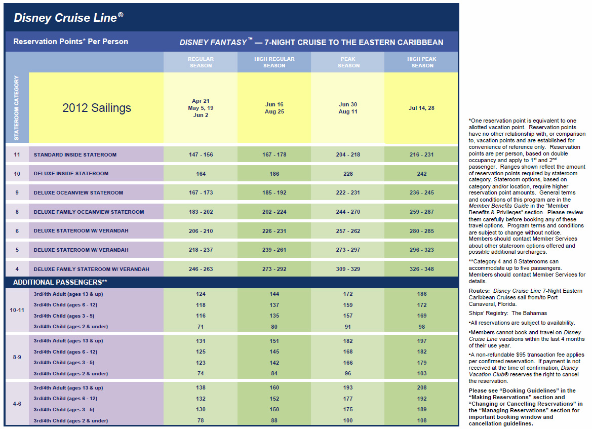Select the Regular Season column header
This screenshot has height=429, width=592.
tap(201, 62)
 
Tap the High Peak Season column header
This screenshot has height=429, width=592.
tap(422, 62)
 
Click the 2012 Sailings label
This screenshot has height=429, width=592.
tap(97, 108)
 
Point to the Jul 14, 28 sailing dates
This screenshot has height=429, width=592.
tap(421, 108)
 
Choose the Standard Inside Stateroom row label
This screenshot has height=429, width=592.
tap(75, 154)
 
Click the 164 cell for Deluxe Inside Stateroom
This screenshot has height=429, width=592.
tap(201, 174)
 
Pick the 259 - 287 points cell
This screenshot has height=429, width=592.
tap(422, 212)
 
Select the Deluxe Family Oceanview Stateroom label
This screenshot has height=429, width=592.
tap(89, 212)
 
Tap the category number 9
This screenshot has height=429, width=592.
tap(17, 192)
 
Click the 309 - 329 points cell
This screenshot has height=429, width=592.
tap(348, 269)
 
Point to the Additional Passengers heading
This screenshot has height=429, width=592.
tap(60, 282)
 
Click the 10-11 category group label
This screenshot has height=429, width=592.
tap(17, 310)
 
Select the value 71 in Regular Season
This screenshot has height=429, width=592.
tap(201, 327)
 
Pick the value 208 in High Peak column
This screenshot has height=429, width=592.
tap(422, 387)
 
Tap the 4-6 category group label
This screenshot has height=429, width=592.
tap(17, 404)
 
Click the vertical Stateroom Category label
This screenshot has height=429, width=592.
tap(17, 107)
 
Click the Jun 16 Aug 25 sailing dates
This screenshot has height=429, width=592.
tap(274, 108)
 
